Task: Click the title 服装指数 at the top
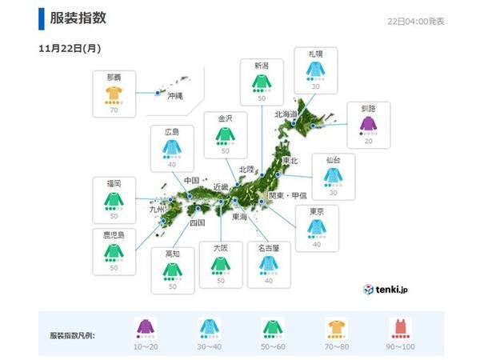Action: click(x=78, y=18)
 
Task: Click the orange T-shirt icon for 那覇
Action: click(x=114, y=94)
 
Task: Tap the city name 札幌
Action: click(x=314, y=54)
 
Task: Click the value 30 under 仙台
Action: click(x=333, y=192)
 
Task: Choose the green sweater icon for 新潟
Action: click(x=260, y=81)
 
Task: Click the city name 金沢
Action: click(x=224, y=118)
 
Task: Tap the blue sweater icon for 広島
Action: click(x=170, y=147)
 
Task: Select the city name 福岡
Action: click(x=114, y=183)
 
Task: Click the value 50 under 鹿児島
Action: click(x=114, y=267)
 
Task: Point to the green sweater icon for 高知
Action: click(x=170, y=269)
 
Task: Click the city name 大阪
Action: click(x=221, y=249)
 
